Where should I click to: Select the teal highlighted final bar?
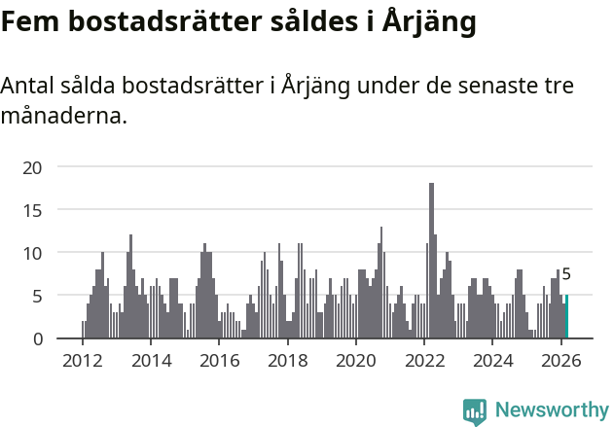tap(566, 317)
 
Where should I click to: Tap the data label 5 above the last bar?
tap(566, 275)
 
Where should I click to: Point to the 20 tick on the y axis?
tap(32, 167)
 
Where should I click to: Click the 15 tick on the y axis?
tap(32, 210)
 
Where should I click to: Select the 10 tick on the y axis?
tap(32, 253)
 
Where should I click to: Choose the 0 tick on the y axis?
tap(37, 338)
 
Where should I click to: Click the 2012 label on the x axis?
tap(82, 360)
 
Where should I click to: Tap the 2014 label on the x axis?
tap(151, 360)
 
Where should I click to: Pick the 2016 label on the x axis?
tap(219, 360)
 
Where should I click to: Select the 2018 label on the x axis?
tap(287, 360)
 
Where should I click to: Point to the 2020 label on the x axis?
tap(356, 360)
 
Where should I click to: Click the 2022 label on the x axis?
tap(424, 360)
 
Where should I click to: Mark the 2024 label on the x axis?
tap(492, 360)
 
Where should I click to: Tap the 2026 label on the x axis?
tap(561, 360)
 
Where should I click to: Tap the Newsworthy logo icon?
tap(475, 411)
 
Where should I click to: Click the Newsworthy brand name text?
tap(551, 411)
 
